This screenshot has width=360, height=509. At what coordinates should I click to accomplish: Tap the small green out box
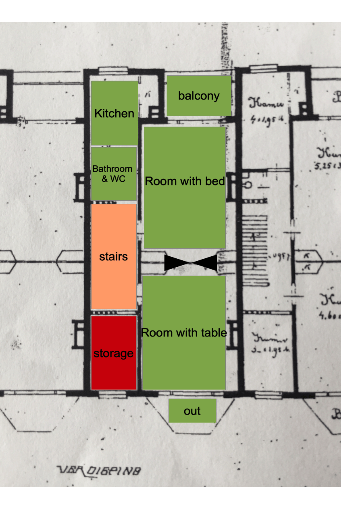click(x=192, y=411)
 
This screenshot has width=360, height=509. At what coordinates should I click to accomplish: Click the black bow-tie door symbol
click(x=191, y=263)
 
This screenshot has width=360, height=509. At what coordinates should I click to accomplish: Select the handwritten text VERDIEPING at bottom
click(x=100, y=470)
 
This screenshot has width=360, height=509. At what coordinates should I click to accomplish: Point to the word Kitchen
click(x=114, y=113)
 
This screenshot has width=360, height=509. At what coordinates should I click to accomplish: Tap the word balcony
click(x=199, y=96)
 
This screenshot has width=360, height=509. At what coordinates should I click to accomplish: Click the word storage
click(x=113, y=353)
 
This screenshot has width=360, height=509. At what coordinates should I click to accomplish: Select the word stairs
click(x=113, y=257)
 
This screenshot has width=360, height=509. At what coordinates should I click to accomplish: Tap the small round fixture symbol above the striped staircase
click(x=248, y=185)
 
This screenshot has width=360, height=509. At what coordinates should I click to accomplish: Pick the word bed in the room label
click(x=216, y=181)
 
